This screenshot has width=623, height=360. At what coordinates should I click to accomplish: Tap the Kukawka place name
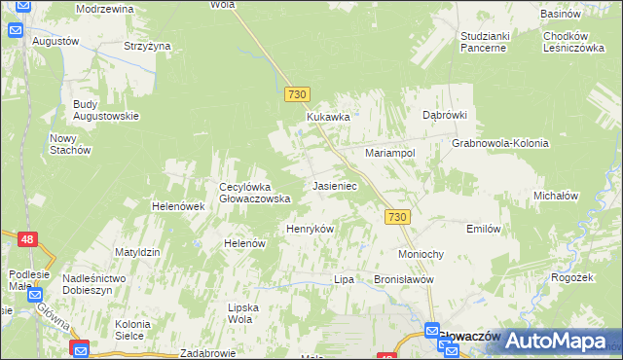tap(328, 117)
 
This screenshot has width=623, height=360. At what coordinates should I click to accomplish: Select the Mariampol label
tap(390, 154)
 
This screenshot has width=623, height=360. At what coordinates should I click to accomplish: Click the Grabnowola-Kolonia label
tap(500, 143)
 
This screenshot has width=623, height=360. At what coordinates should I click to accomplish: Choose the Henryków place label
tap(310, 229)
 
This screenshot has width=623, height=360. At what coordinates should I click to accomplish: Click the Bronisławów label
tap(403, 279)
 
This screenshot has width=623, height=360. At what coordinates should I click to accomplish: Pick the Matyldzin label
tap(137, 252)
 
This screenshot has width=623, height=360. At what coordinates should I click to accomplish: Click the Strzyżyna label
tap(147, 46)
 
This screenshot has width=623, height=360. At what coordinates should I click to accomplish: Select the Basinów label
tap(563, 14)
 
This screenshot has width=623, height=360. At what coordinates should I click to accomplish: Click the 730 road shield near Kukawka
tap(298, 94)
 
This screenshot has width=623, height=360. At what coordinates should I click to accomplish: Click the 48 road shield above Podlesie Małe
tap(28, 237)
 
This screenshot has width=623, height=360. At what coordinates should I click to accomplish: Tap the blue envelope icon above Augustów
tap(17, 30)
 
